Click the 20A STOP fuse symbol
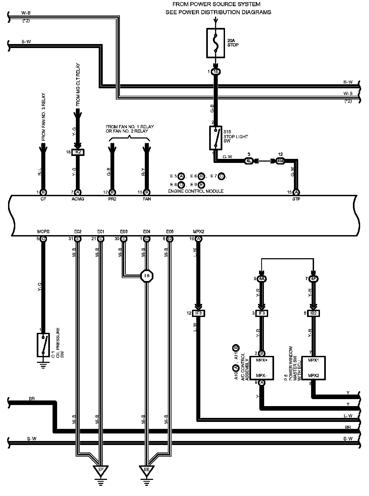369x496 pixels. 215,43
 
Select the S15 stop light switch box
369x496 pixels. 215,137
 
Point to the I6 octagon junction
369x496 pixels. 147,275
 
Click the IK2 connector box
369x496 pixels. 78,152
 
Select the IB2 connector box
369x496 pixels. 313,313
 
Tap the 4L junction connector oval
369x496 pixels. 249,161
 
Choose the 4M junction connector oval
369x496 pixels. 281,161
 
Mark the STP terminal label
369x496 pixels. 296,199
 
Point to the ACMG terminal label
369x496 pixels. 78,199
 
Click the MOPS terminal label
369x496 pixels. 43,231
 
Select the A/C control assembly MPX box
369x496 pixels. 262,368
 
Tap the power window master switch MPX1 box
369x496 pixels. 313,368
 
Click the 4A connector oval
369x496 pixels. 262,279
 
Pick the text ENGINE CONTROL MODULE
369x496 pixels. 195,191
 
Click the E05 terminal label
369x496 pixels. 170,231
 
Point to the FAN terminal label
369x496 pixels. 147,199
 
